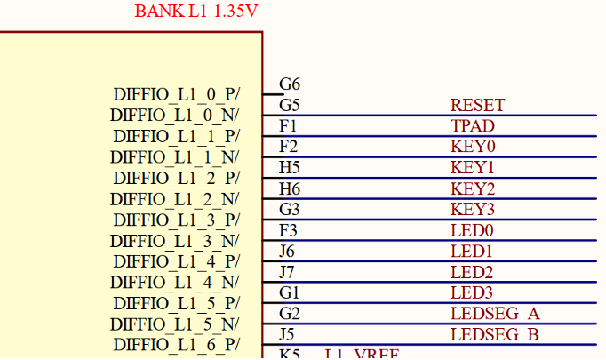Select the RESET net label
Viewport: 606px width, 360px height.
477,106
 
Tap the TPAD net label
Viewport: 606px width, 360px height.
472,126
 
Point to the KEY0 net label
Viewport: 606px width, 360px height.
473,147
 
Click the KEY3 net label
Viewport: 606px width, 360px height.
473,210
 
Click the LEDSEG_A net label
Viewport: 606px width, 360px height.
495,314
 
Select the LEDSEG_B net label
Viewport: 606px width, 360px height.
495,335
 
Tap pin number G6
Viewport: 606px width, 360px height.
290,84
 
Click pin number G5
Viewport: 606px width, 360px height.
290,105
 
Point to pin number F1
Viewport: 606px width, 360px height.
288,126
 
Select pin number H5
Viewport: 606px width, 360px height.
290,168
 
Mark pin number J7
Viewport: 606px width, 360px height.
286,272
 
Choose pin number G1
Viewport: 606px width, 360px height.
290,292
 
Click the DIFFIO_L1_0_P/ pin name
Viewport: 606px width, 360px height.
176,94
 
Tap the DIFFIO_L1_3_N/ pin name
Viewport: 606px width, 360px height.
175,241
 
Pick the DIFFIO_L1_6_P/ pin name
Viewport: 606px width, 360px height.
176,345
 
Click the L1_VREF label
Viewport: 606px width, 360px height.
362,355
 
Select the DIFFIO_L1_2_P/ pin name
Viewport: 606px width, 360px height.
176,178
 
